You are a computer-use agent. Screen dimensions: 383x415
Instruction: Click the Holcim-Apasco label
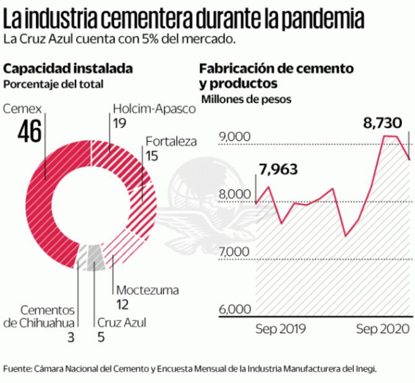153,108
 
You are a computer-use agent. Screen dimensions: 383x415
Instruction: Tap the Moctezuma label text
147,290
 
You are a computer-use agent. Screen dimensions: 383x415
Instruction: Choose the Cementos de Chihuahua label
43,316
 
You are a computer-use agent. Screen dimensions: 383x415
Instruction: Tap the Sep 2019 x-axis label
281,328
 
